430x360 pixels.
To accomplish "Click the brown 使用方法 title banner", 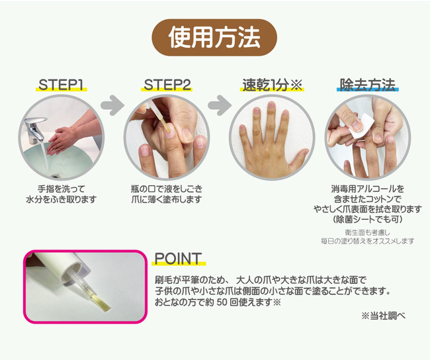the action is click(214, 37).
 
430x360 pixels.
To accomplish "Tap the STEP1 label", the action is click(61, 85).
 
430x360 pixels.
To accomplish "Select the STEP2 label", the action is click(167, 85).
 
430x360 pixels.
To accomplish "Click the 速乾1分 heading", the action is click(272, 85).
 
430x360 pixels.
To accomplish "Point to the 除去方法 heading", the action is click(367, 85).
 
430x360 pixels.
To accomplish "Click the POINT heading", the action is click(178, 259).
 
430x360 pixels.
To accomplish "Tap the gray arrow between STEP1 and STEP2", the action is click(112, 105).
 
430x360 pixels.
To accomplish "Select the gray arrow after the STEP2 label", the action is click(220, 105).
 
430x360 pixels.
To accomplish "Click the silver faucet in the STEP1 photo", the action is click(35, 130).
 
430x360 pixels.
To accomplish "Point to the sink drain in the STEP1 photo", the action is click(56, 175).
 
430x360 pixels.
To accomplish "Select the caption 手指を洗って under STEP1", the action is click(62, 189).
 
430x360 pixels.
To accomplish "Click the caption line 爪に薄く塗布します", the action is click(167, 199).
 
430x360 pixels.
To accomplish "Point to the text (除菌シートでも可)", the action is click(368, 219).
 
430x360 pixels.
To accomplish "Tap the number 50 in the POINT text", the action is click(222, 302).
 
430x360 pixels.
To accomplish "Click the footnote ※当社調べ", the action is click(384, 316).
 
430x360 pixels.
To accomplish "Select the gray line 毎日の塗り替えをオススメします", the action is click(368, 241).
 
